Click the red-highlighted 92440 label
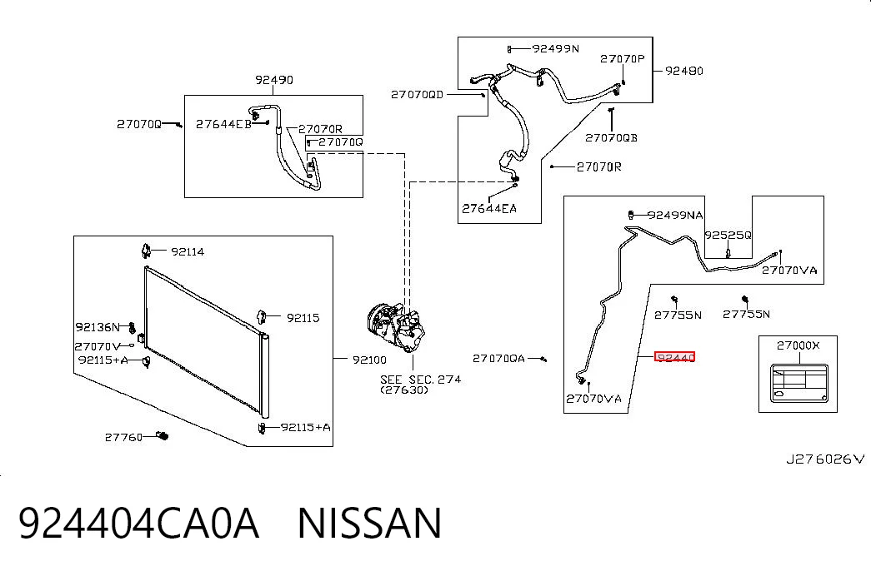[x=675, y=357]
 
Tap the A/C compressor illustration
[x=396, y=326]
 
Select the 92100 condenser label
[x=369, y=360]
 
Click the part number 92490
[x=274, y=79]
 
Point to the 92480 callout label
[x=683, y=71]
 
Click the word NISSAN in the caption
[x=369, y=523]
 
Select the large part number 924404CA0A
[x=139, y=523]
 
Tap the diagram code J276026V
[x=825, y=459]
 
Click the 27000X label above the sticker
[x=798, y=345]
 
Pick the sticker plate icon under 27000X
[x=799, y=384]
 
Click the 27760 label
[x=124, y=437]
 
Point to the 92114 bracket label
[x=188, y=251]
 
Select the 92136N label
[x=98, y=327]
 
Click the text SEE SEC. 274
[x=421, y=380]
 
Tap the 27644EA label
[x=489, y=208]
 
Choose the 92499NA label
[x=675, y=215]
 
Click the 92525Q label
[x=728, y=235]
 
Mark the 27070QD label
[x=418, y=94]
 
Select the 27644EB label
[x=223, y=124]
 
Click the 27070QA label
[x=498, y=359]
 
